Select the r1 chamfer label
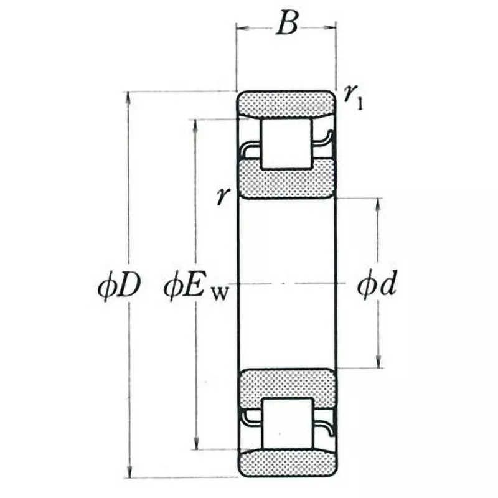[x=353, y=96]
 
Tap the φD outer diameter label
[x=119, y=288]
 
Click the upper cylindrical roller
[x=286, y=143]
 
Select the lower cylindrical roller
[x=286, y=423]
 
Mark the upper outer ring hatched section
[x=286, y=103]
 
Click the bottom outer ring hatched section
[x=286, y=463]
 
